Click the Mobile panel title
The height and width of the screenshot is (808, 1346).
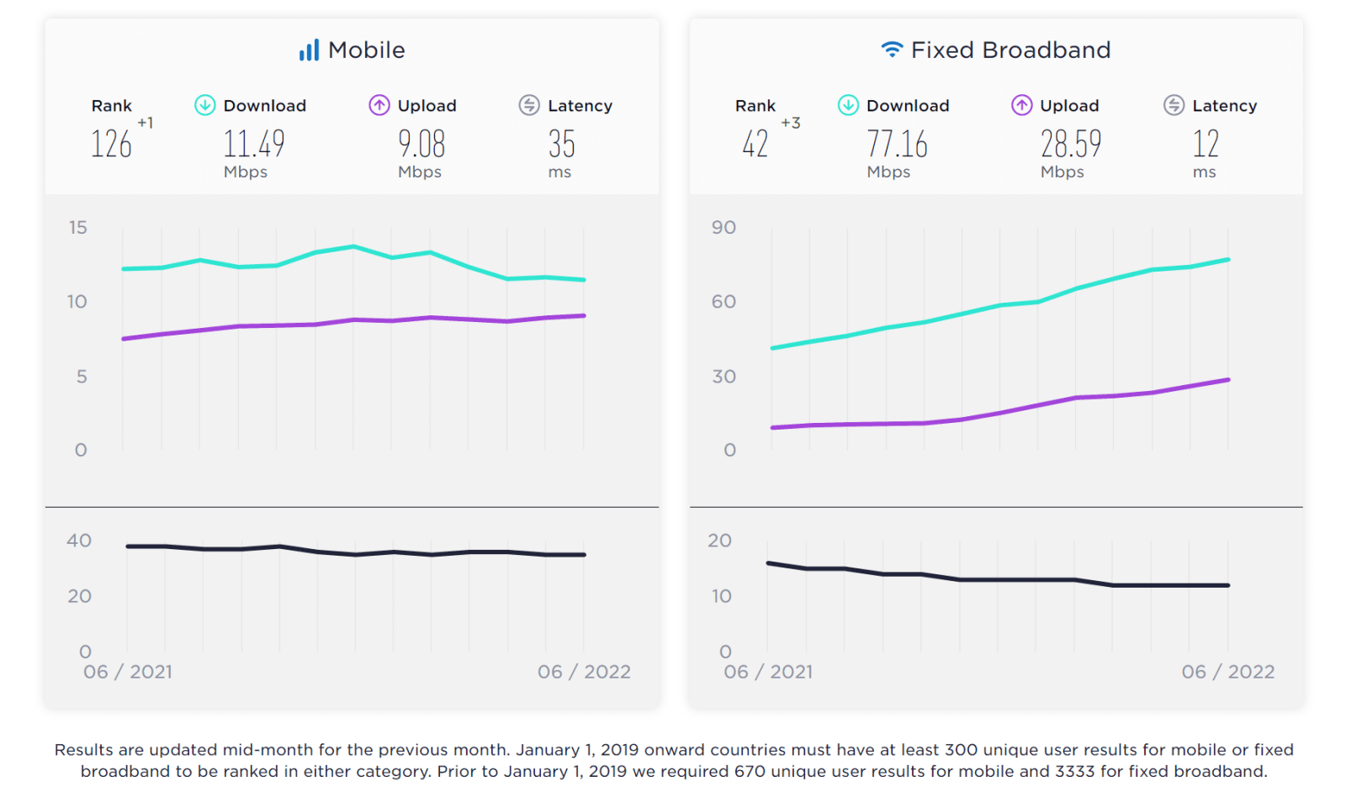[x=366, y=50]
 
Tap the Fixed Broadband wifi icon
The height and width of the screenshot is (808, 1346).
[x=892, y=50]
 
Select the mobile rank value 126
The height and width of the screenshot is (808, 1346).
[x=111, y=144]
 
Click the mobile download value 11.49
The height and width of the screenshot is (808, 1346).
[x=254, y=144]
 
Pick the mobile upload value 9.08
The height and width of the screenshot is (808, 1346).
[x=421, y=144]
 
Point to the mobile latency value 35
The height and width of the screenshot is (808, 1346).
[x=561, y=144]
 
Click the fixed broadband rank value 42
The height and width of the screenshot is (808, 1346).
[x=755, y=144]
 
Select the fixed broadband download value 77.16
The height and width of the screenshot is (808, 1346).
[x=897, y=144]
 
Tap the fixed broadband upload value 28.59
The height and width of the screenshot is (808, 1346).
[x=1070, y=144]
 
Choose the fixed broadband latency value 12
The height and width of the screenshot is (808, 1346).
[x=1205, y=144]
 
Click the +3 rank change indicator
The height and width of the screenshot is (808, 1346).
[x=790, y=123]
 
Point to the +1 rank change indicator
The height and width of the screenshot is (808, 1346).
[x=146, y=123]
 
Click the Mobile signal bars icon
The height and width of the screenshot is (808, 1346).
[x=309, y=50]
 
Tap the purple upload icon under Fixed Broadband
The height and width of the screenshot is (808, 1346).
[x=1021, y=105]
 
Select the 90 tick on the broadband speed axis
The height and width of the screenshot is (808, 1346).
[x=723, y=228]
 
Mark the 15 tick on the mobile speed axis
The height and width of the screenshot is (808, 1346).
[x=78, y=228]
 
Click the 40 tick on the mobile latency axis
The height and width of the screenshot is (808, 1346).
[x=79, y=541]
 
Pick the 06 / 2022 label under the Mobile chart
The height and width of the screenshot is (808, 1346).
[x=584, y=672]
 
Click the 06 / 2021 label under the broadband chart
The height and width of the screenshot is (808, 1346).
[x=768, y=672]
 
